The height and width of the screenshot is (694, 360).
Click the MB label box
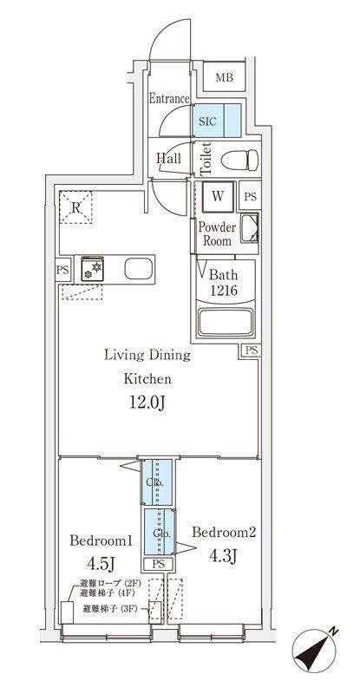224,77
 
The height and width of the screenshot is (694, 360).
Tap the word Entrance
168,99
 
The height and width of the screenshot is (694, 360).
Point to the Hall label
168,159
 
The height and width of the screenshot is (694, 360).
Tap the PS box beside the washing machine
250,197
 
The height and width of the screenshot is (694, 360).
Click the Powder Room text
217,233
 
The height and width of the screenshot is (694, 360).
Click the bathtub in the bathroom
226,323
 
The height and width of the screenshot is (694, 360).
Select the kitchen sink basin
138,269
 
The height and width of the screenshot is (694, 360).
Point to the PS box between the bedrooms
157,564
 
